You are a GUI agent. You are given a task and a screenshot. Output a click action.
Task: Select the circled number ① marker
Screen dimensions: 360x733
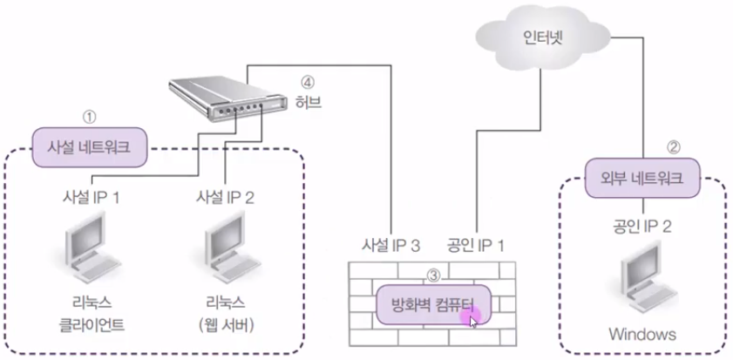click(x=87, y=115)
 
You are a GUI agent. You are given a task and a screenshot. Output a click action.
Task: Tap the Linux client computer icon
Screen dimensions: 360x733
click(x=90, y=254)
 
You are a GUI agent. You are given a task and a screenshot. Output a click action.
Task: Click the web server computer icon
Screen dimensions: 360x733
click(x=226, y=254)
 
